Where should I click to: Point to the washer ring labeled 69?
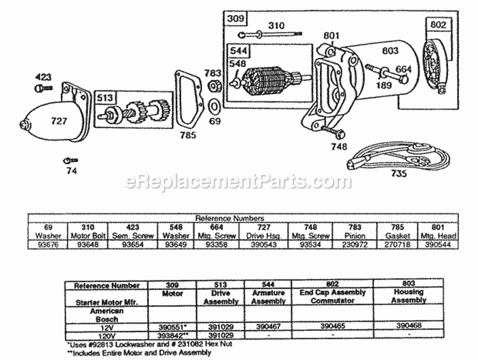(x=215, y=103)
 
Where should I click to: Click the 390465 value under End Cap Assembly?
(x=332, y=325)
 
